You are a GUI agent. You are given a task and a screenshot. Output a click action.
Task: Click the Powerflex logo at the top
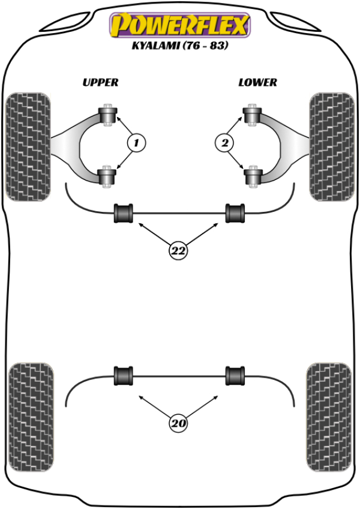coord(179,25)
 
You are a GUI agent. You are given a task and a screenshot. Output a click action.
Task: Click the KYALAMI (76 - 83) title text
coord(179,46)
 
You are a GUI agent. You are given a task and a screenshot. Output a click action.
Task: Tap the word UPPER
coord(100,82)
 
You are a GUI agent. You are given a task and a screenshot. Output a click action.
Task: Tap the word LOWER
coord(257,82)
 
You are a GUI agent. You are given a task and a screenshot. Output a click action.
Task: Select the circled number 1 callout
coord(136,143)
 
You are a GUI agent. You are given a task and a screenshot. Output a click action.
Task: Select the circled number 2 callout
coord(224,143)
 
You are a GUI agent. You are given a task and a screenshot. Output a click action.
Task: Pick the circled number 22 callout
coord(178,251)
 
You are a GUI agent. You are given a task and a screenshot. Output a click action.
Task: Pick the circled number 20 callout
coord(178,424)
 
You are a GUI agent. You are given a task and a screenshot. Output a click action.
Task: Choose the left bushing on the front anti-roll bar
coord(124,213)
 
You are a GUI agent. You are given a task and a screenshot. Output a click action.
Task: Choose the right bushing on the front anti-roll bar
coord(235,213)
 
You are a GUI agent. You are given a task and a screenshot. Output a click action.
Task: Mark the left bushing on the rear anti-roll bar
coord(124,376)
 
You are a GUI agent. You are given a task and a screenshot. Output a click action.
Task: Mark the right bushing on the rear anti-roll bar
coord(235,376)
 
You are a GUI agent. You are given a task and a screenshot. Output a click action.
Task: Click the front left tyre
coord(28,146)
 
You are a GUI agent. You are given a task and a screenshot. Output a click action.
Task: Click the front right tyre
coord(331,146)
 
